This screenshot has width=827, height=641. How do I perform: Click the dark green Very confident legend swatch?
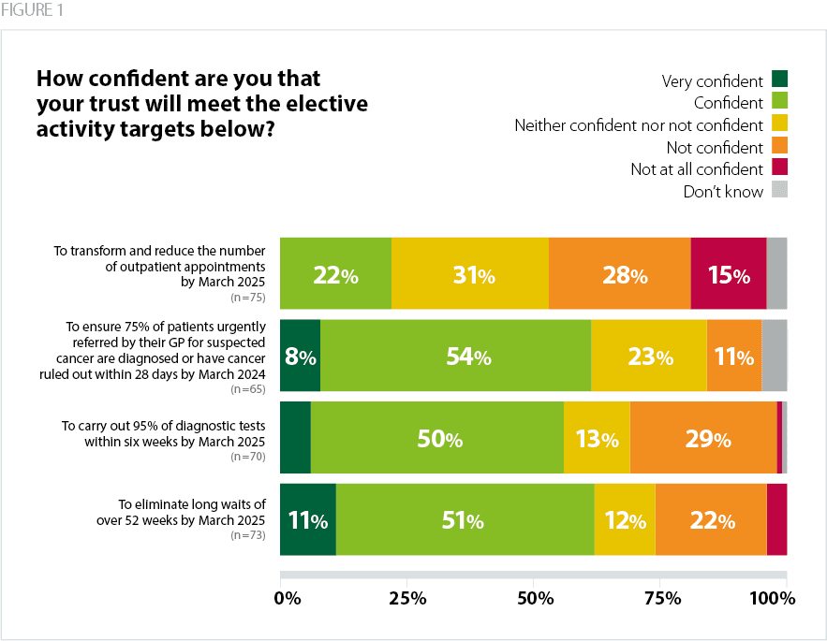point(780,80)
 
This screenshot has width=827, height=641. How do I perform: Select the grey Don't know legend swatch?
point(780,190)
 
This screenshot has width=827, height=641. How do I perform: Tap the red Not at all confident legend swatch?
point(780,168)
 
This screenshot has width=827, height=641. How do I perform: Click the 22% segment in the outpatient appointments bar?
point(335,275)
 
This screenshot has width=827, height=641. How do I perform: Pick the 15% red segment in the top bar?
point(728,275)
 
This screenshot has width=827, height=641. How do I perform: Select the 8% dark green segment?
point(300,357)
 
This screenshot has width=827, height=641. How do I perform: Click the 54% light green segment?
point(455,357)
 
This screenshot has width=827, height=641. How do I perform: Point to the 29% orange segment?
point(702,438)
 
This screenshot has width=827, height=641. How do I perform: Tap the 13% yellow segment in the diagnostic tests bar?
point(595,438)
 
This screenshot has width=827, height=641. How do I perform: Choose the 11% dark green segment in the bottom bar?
point(307,519)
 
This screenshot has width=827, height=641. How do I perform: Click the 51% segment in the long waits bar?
point(465,519)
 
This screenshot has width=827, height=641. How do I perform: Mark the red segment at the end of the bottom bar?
point(776,519)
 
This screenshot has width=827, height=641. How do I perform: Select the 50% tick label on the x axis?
point(533,597)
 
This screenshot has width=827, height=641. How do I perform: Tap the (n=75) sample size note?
point(248,298)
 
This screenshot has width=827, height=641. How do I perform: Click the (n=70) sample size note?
point(248,458)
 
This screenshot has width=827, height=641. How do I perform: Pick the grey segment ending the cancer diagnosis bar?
point(775,357)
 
